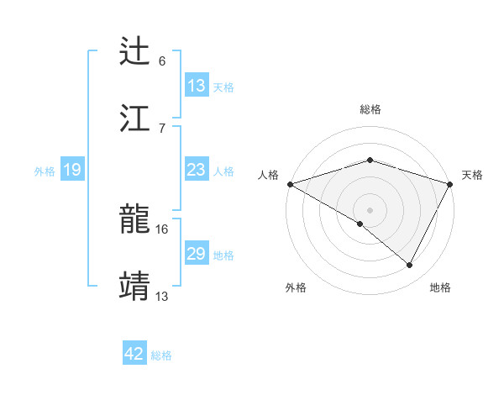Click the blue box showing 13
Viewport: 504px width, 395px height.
pos(197,85)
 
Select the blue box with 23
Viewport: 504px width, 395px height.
pos(197,170)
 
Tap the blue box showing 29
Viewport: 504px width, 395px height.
pos(197,254)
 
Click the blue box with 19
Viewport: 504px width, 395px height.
pos(71,170)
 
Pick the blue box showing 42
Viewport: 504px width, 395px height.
pos(134,354)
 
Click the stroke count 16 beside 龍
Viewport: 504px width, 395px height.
pos(162,229)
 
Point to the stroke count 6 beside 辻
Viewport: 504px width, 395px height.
pos(162,61)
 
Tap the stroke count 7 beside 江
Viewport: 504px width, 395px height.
pos(162,128)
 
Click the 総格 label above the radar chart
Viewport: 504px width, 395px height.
pos(370,109)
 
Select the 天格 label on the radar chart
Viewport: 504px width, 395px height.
pos(472,175)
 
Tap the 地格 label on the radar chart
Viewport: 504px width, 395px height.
pos(440,287)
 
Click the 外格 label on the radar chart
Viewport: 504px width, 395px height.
pos(296,287)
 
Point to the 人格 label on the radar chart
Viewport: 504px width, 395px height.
pos(268,175)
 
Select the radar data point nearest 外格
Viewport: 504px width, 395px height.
pos(360,224)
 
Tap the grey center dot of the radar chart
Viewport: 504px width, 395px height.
pos(370,209)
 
